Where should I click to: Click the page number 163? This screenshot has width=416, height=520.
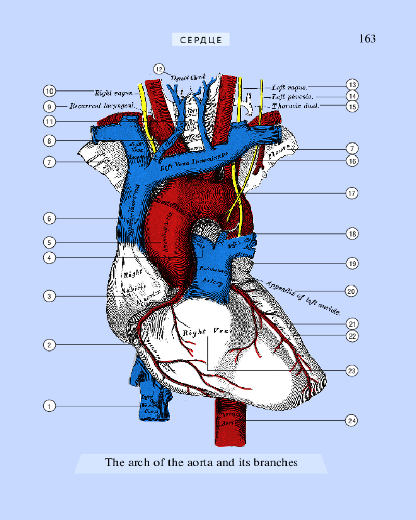[x=367, y=39]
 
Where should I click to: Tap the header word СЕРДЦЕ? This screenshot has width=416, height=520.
[x=201, y=40]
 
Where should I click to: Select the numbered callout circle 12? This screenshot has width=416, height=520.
[x=159, y=69]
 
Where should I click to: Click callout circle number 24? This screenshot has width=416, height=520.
[x=352, y=421]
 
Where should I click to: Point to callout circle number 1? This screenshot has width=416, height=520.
[x=49, y=406]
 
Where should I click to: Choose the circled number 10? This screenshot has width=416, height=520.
[x=49, y=92]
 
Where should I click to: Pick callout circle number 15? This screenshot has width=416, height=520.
[x=353, y=107]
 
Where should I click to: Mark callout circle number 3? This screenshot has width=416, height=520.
[x=49, y=297]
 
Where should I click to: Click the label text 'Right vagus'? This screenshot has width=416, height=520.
[x=113, y=94]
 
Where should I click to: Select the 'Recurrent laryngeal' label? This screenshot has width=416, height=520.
[x=102, y=106]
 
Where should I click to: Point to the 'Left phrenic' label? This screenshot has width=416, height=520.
[x=292, y=97]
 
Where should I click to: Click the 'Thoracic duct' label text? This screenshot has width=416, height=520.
[x=295, y=106]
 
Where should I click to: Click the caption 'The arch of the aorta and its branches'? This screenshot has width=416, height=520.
[x=201, y=462]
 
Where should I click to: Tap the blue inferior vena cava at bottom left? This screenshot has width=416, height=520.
[x=151, y=400]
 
